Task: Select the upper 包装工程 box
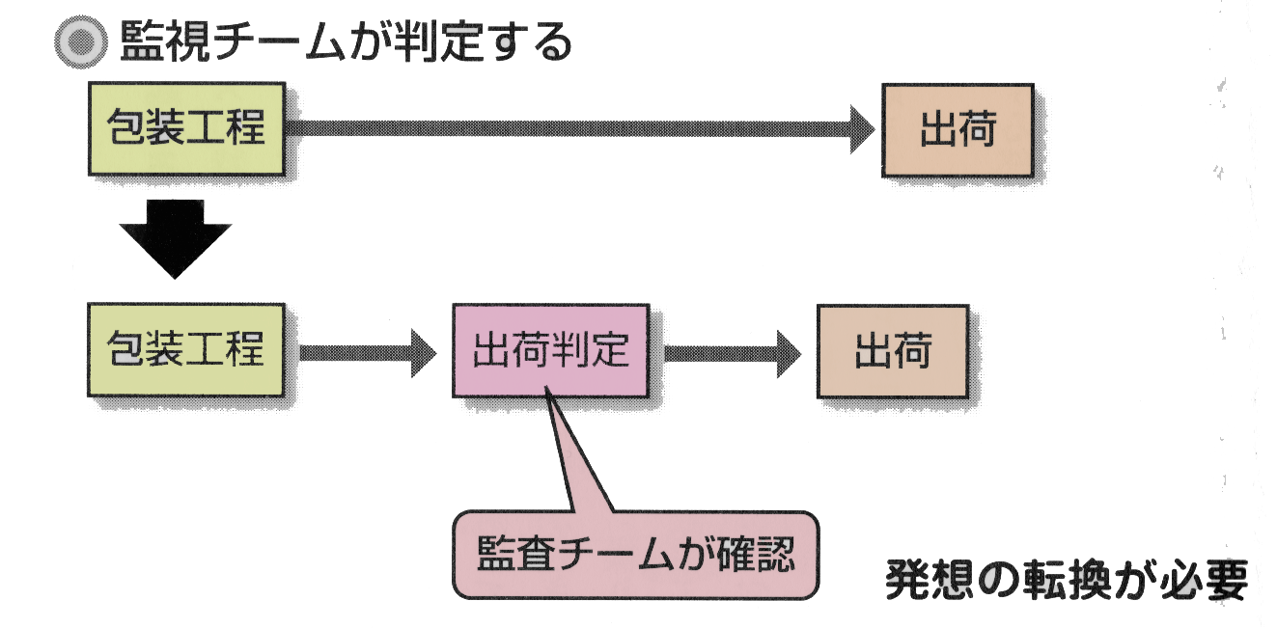click(x=186, y=128)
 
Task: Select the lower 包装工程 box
click(x=186, y=350)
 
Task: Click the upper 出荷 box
click(x=958, y=130)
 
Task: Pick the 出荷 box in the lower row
click(x=892, y=351)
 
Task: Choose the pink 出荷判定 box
click(x=550, y=351)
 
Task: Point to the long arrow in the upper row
click(x=579, y=129)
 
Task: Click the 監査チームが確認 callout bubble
click(x=635, y=556)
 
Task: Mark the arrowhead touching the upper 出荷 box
click(x=861, y=129)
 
